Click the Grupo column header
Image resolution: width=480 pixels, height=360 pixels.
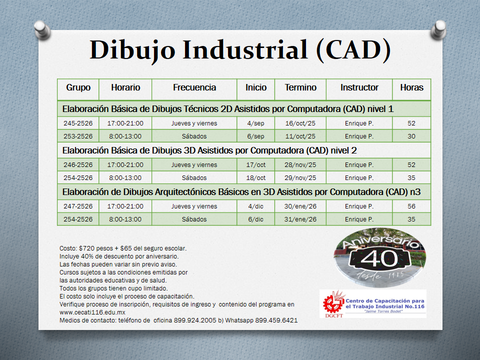point(78,87)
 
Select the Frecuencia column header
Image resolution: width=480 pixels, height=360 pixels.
point(194,87)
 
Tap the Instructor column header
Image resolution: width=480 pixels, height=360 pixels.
point(359,87)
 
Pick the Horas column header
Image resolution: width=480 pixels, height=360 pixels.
point(411,87)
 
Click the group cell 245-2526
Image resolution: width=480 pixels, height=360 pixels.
point(78,123)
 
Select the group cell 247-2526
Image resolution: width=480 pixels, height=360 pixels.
point(78,206)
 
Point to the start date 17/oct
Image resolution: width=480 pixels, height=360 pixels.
point(256,164)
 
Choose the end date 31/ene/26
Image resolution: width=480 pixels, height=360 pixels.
point(300,219)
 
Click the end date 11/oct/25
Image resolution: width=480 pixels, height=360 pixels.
point(300,136)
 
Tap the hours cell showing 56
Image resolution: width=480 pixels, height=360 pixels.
point(411,206)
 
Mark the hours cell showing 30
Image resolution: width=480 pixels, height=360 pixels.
point(411,136)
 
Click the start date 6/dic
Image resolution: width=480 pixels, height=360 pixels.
point(256,219)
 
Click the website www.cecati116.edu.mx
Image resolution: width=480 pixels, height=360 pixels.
point(92,312)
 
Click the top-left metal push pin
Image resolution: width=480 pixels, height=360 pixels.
point(42,30)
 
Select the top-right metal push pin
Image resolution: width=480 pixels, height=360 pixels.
point(438,30)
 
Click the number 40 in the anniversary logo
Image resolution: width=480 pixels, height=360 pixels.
point(379,258)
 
